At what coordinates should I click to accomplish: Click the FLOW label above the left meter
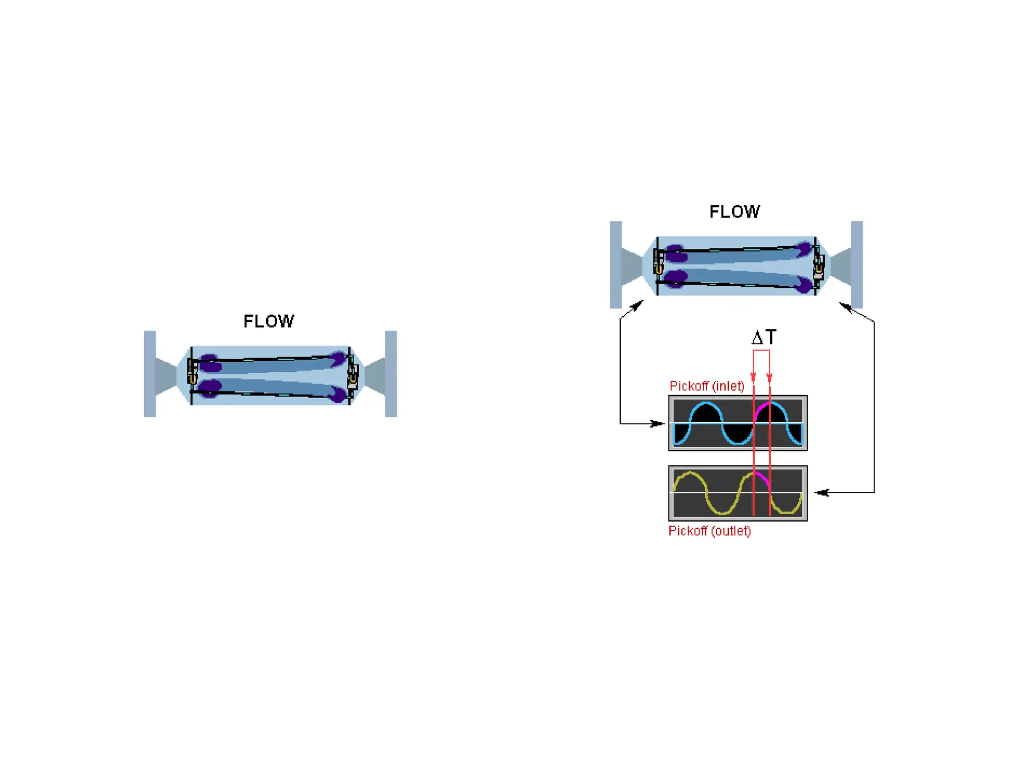tap(269, 321)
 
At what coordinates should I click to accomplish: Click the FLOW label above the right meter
tap(735, 211)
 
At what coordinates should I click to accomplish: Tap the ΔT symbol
tap(763, 337)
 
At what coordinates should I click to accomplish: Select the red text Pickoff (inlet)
tap(707, 386)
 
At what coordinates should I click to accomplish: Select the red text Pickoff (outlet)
tap(709, 531)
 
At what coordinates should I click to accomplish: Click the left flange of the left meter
tap(150, 374)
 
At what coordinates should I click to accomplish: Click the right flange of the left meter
tap(391, 374)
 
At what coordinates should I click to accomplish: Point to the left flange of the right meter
tap(616, 265)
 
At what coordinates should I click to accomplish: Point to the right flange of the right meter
tap(856, 265)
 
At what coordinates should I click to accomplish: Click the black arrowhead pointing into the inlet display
tap(658, 423)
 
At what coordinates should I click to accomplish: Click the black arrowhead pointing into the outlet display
tap(822, 492)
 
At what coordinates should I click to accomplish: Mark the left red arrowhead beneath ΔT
tap(753, 377)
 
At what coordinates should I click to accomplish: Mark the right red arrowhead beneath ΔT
tap(769, 377)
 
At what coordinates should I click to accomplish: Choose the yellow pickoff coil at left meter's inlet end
tap(192, 378)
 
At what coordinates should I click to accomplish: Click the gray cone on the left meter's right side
tap(375, 374)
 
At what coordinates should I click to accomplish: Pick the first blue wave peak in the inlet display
tap(706, 403)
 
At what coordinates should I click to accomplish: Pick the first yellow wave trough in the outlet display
tap(722, 513)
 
